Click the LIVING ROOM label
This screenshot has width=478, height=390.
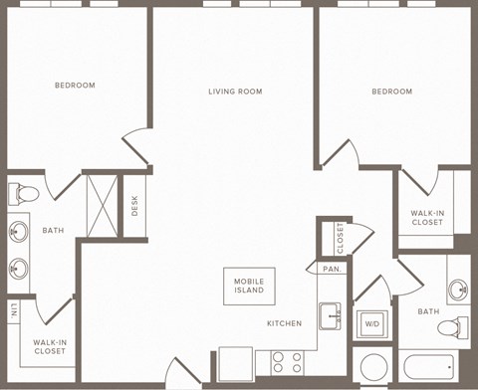coord(235,92)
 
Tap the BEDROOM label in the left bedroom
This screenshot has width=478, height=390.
coord(75,86)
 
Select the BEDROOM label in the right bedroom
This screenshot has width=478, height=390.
coord(391,92)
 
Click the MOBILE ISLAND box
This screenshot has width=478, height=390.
coord(249,286)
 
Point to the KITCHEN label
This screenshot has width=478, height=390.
coord(284,323)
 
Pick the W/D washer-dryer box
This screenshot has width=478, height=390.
coord(370,323)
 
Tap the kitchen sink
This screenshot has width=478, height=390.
coord(331,315)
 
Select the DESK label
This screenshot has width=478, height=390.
coord(134,205)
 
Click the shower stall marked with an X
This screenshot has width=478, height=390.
coord(102,205)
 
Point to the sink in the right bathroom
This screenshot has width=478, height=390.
coord(457,291)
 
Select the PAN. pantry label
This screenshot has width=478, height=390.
coord(331,269)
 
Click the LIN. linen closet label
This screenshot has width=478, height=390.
coord(14,310)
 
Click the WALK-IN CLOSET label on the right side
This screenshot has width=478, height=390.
coord(427,217)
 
